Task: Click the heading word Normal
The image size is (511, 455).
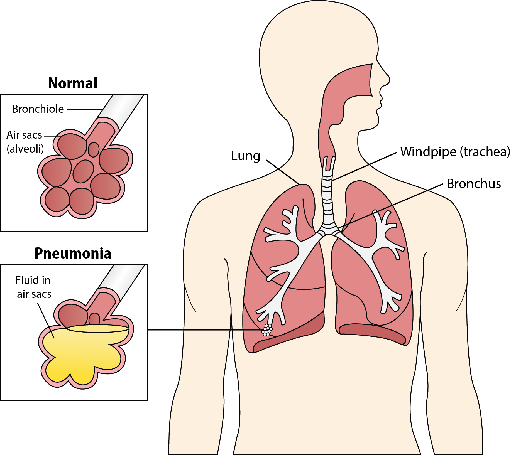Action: point(73,83)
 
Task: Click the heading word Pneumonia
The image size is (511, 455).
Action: point(73,253)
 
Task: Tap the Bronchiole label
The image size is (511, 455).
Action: point(38,109)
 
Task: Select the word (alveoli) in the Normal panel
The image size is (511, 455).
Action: point(25,149)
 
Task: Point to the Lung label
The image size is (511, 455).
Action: point(246,156)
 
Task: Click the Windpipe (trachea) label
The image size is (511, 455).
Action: point(455,152)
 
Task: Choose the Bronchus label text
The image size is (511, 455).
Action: point(474,184)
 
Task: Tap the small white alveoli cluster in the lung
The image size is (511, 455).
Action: point(267,330)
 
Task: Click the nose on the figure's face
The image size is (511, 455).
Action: point(386,79)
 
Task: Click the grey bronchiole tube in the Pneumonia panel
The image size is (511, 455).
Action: point(123,278)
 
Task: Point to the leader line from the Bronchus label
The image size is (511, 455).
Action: point(390,206)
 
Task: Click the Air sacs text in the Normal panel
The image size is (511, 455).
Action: point(24,135)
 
